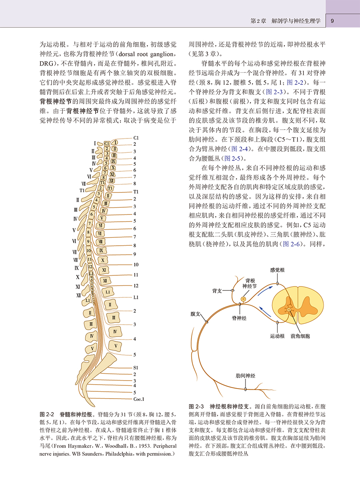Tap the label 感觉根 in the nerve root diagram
pyautogui.click(x=277, y=270)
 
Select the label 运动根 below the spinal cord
pyautogui.click(x=277, y=337)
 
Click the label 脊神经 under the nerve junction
pyautogui.click(x=239, y=317)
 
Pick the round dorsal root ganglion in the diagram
pyautogui.click(x=243, y=299)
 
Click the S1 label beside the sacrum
pyautogui.click(x=136, y=367)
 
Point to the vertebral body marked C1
pyautogui.click(x=107, y=143)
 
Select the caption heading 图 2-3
pyautogui.click(x=196, y=406)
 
